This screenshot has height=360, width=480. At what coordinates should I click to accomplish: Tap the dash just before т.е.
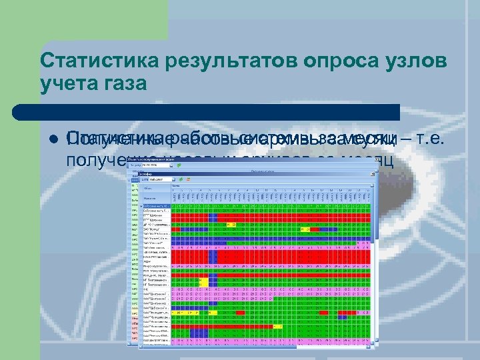coord(404,139)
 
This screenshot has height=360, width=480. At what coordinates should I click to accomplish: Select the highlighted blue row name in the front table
coord(156,206)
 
